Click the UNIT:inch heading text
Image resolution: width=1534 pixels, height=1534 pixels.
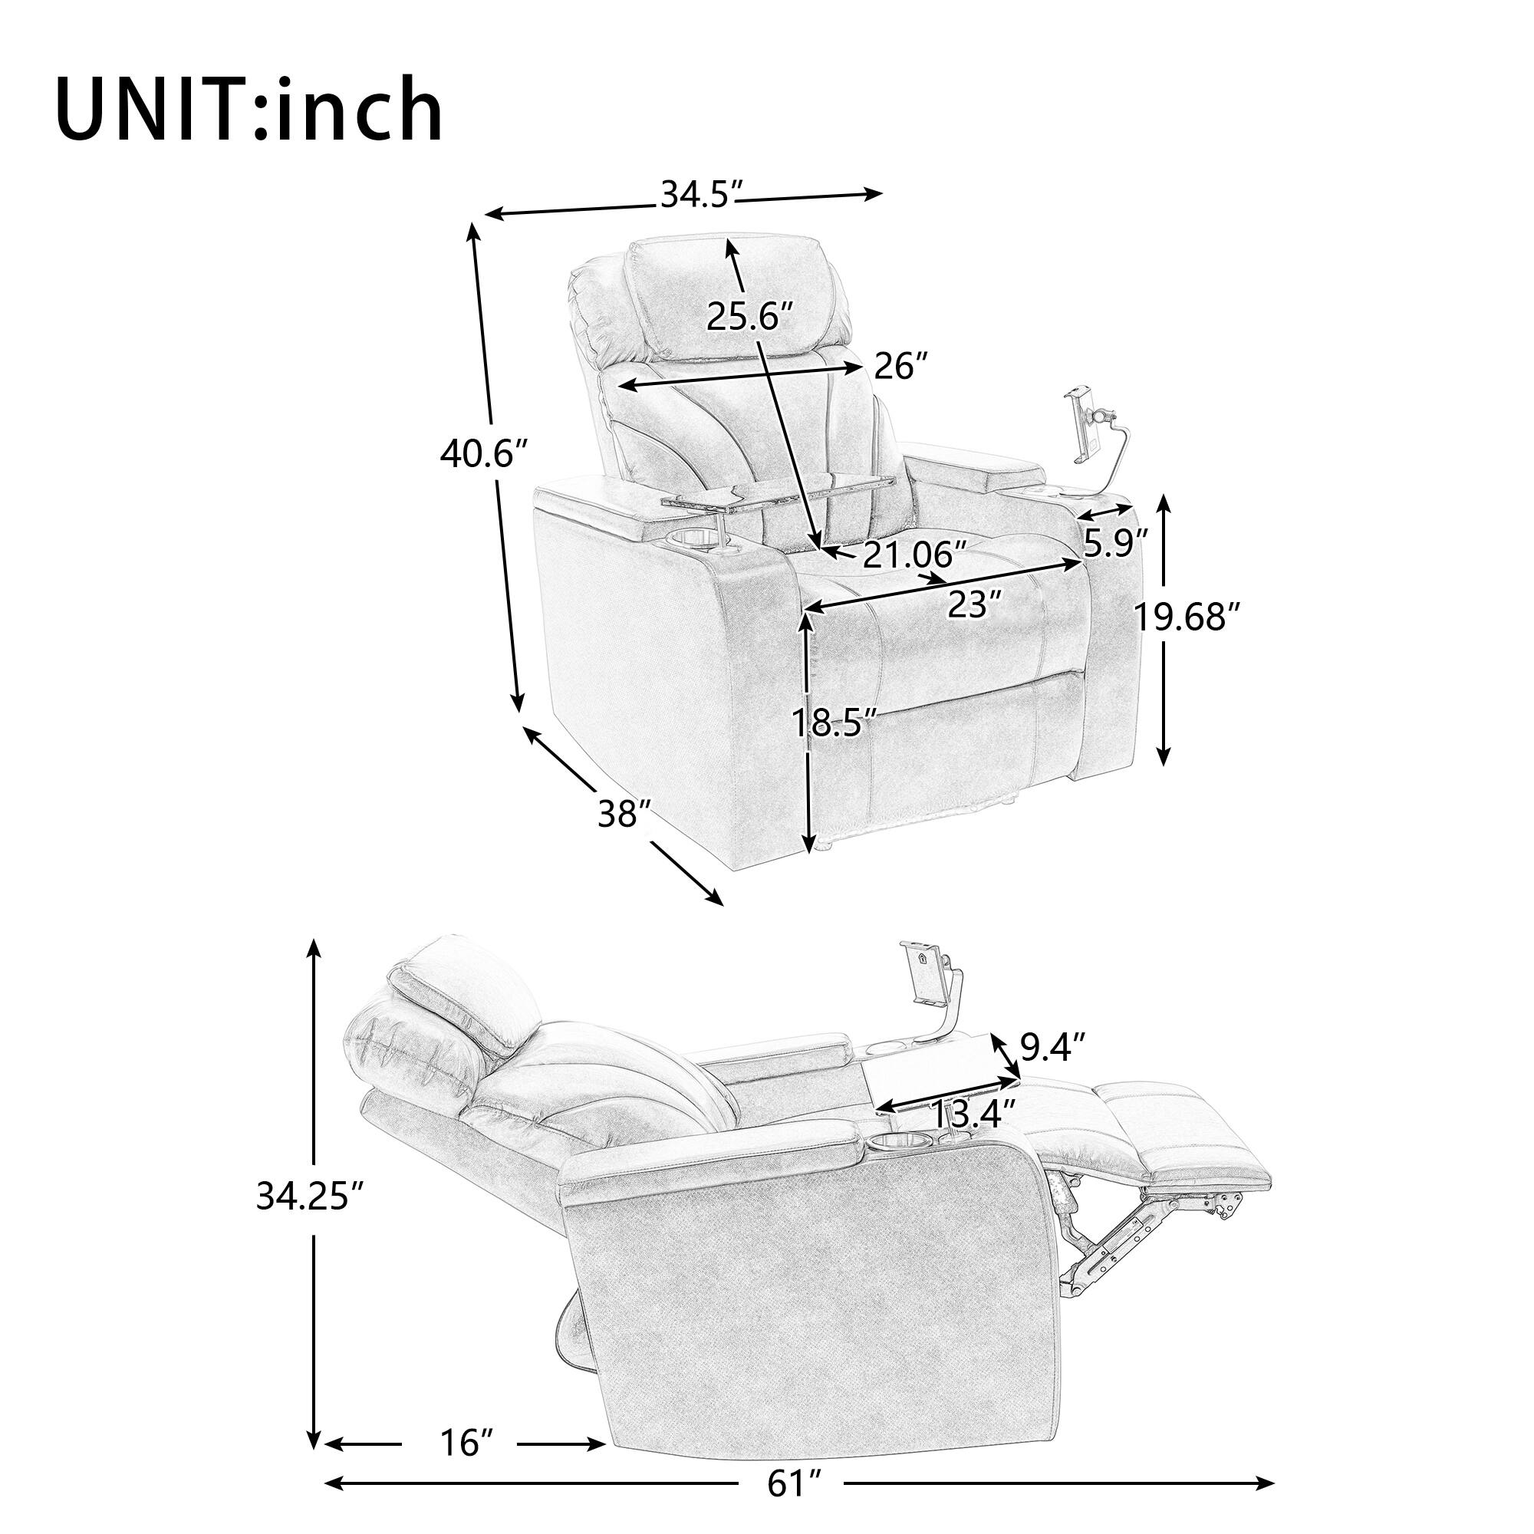point(249,110)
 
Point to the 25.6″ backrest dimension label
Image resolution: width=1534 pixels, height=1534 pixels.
point(749,318)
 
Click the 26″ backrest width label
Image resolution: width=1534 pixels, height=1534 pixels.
point(900,367)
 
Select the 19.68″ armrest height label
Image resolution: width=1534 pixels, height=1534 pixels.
point(1187,616)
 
